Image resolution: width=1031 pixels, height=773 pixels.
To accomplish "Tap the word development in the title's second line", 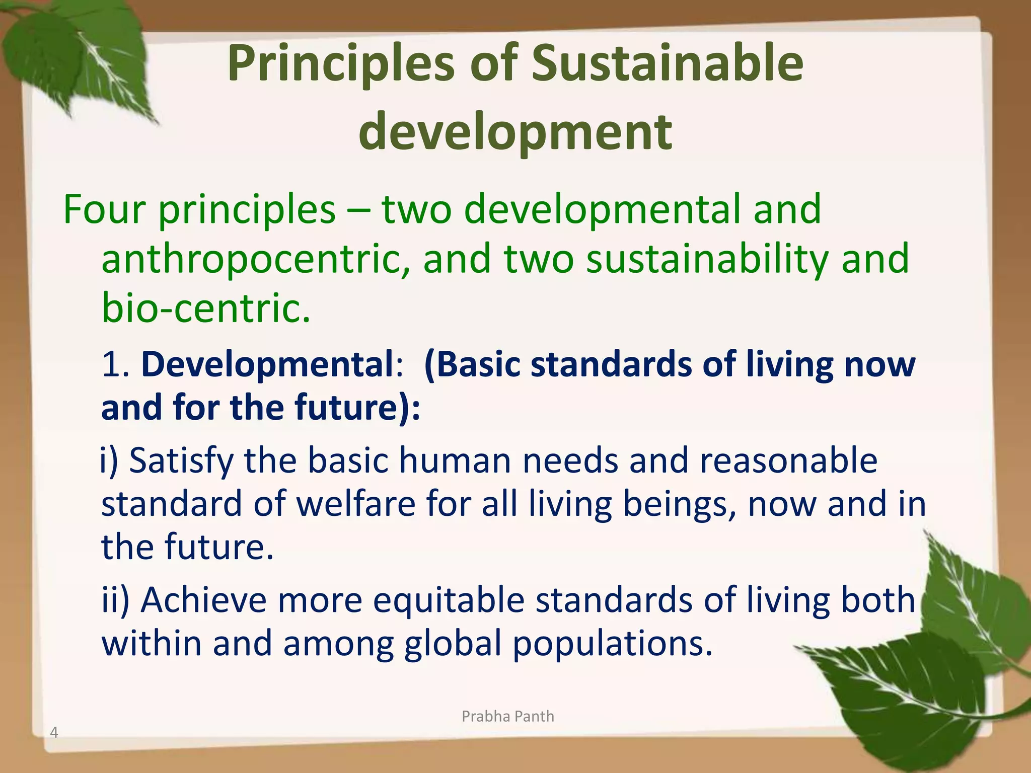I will point(515,132).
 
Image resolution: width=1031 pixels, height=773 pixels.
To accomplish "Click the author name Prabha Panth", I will point(507,716).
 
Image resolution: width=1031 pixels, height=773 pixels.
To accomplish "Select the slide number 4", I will point(54,733).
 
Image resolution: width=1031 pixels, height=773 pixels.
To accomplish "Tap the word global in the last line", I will point(453,644).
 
